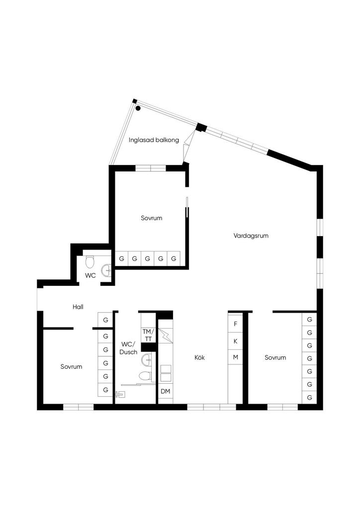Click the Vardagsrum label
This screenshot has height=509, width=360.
pyautogui.click(x=251, y=236)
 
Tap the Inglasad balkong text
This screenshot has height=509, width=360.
pyautogui.click(x=154, y=140)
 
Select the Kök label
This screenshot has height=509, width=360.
pyautogui.click(x=199, y=357)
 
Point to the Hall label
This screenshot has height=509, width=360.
pyautogui.click(x=78, y=307)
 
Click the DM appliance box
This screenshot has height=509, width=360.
pyautogui.click(x=166, y=392)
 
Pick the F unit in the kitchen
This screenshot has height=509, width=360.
pyautogui.click(x=236, y=324)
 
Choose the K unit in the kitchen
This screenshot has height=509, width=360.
pyautogui.click(x=236, y=341)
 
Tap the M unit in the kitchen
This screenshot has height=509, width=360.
pyautogui.click(x=236, y=357)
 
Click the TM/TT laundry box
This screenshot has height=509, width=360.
pyautogui.click(x=148, y=335)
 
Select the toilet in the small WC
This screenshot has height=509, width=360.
pyautogui.click(x=90, y=261)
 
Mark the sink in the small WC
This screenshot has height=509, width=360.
pyautogui.click(x=106, y=270)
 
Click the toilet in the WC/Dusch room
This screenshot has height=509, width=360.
pyautogui.click(x=145, y=377)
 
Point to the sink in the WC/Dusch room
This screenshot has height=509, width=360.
pyautogui.click(x=147, y=359)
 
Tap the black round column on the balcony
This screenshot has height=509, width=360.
pyautogui.click(x=138, y=108)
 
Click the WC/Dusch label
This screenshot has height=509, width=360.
pyautogui.click(x=129, y=348)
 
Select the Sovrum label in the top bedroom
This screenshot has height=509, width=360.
pyautogui.click(x=151, y=218)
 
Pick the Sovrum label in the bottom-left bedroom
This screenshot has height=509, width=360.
pyautogui.click(x=71, y=366)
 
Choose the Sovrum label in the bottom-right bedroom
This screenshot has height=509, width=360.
pyautogui.click(x=275, y=357)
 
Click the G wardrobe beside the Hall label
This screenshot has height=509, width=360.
pyautogui.click(x=105, y=320)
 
